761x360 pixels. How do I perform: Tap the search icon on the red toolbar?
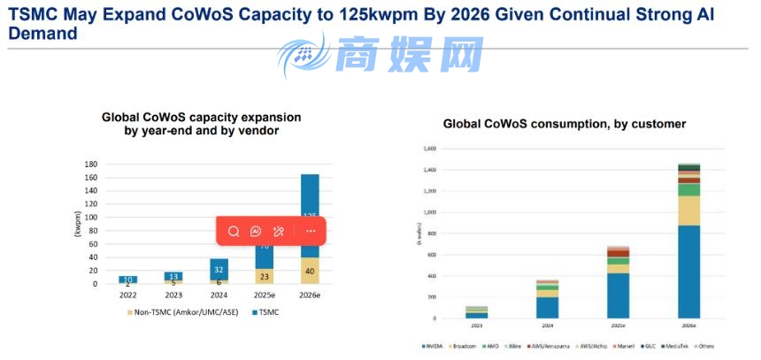[x=234, y=231]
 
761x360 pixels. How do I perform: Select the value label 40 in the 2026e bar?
[x=309, y=271]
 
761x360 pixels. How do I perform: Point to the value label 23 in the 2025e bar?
[x=264, y=276]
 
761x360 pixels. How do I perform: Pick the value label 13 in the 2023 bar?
[x=173, y=276]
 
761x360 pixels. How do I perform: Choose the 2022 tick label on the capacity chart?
[x=128, y=295]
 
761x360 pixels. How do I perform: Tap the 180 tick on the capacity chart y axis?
[x=90, y=165]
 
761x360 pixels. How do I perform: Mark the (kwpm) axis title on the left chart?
[x=77, y=224]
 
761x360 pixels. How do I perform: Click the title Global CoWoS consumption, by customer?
[x=564, y=124]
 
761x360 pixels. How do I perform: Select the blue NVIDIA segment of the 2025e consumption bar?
[x=619, y=295]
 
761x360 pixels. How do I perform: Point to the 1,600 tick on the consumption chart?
[x=429, y=149]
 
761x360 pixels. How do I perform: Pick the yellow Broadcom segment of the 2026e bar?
[x=689, y=211]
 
